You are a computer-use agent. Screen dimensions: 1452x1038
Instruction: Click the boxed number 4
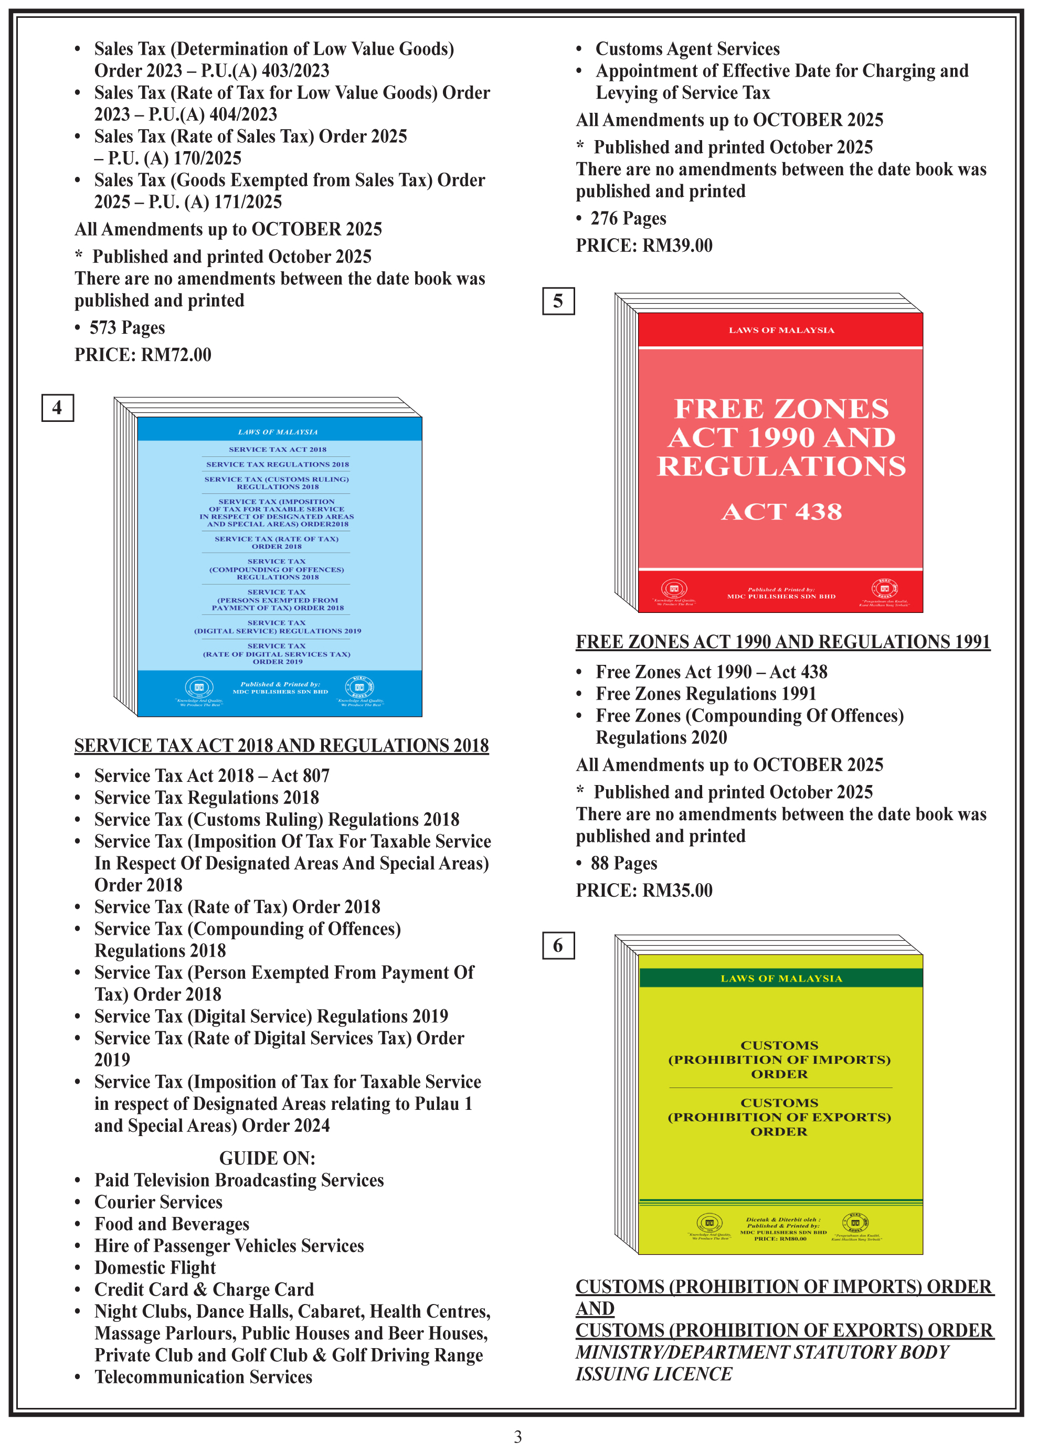(58, 408)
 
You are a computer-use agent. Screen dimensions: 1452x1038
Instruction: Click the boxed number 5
(558, 301)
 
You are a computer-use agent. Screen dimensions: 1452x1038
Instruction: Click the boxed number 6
(558, 945)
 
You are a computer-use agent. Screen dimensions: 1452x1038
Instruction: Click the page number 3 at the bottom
(518, 1437)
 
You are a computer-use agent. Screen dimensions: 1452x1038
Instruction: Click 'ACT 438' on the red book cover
(781, 512)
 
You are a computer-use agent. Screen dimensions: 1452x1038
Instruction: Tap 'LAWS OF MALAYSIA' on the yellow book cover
(781, 979)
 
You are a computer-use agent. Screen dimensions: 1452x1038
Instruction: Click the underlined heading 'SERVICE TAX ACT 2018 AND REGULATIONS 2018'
(281, 746)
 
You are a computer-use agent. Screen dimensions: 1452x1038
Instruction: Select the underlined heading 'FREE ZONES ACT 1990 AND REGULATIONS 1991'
(782, 642)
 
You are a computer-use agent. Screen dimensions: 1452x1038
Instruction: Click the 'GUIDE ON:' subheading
(267, 1158)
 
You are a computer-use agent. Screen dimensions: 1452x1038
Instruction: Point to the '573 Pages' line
(126, 328)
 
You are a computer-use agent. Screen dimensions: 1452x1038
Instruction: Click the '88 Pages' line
(623, 863)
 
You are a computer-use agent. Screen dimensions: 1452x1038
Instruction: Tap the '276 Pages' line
(628, 219)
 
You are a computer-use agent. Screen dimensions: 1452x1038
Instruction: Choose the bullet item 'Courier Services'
(158, 1202)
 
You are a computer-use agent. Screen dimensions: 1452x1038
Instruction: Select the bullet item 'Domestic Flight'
(155, 1268)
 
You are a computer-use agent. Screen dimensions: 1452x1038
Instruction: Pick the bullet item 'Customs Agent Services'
(687, 49)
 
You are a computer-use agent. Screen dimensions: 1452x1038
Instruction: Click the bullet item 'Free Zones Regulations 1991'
(706, 694)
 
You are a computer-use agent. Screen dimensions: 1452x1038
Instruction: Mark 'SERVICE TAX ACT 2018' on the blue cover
(278, 449)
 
